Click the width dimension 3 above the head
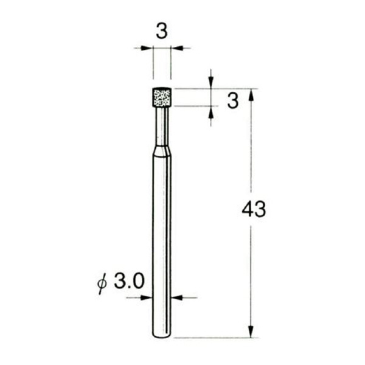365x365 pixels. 161,32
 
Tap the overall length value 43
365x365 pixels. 254,210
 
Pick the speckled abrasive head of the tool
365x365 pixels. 162,97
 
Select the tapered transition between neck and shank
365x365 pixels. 162,151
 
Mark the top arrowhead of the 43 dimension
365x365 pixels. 250,93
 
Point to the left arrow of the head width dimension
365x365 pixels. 148,48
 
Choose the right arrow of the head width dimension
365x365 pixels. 176,48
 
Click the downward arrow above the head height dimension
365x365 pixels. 210,84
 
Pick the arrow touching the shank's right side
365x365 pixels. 177,297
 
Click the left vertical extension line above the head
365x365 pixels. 153,64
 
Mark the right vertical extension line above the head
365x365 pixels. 171,64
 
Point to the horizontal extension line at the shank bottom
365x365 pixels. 213,338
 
